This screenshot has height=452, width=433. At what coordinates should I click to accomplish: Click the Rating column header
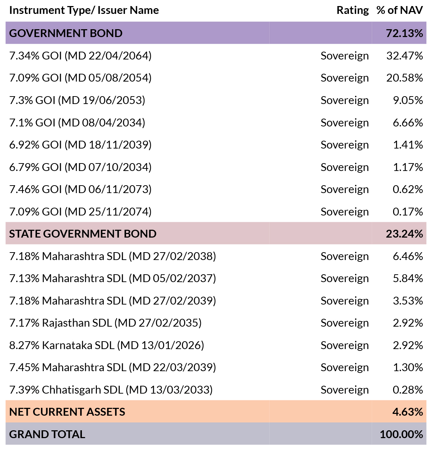click(353, 10)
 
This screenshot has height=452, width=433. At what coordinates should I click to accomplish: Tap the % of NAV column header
click(400, 10)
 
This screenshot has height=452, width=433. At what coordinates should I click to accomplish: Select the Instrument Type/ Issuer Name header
click(84, 10)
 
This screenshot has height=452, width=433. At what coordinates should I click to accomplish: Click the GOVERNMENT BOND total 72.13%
click(404, 33)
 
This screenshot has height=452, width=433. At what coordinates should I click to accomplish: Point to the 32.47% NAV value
click(405, 56)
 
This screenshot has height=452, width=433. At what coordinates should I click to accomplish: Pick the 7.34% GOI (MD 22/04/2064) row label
click(80, 56)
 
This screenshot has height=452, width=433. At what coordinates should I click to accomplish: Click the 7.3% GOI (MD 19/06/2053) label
click(77, 100)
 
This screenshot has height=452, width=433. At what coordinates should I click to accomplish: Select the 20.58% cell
click(405, 78)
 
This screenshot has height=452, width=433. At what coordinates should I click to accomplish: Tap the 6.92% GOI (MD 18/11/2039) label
click(80, 145)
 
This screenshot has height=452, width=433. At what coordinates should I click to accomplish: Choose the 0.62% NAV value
click(408, 189)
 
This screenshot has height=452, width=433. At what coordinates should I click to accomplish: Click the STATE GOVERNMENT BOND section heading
click(83, 234)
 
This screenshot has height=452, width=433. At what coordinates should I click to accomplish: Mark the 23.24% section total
click(404, 234)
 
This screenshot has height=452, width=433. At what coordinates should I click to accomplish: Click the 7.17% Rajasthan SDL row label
click(105, 323)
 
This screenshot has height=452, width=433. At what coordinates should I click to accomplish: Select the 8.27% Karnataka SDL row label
click(106, 345)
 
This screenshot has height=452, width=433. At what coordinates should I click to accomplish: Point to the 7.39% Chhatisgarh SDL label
click(111, 390)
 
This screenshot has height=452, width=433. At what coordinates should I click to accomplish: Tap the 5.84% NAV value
click(408, 278)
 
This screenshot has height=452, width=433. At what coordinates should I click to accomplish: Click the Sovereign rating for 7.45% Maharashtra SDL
click(345, 368)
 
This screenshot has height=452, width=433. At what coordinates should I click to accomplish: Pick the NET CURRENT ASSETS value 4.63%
click(408, 412)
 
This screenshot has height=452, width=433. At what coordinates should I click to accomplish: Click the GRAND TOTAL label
click(47, 434)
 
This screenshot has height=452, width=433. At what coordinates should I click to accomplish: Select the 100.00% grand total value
click(401, 434)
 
